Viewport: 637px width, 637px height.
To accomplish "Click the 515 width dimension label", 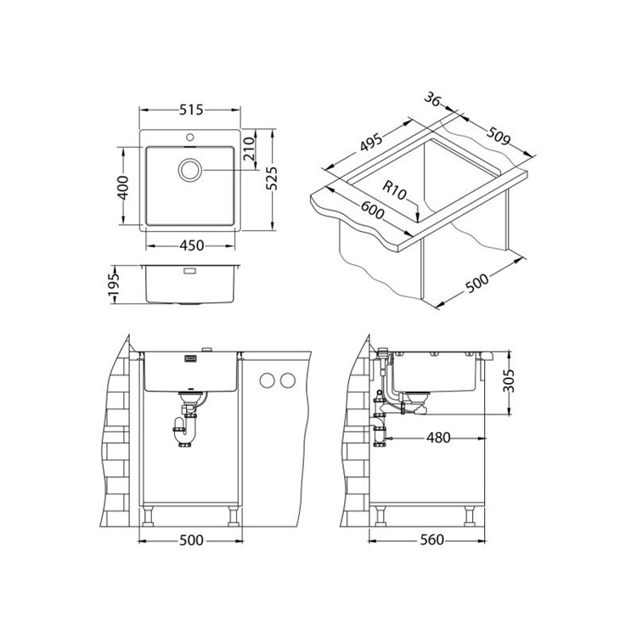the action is tap(191, 110).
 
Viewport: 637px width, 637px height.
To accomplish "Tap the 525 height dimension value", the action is tap(271, 178).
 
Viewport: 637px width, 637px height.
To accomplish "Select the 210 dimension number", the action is tap(249, 149).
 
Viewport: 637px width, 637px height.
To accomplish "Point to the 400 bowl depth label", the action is tap(123, 188).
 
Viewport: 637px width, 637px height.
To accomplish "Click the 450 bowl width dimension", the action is tap(191, 245).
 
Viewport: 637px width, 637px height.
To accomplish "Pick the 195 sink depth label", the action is tap(114, 284).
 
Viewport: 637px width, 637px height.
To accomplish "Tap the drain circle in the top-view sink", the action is tap(189, 169).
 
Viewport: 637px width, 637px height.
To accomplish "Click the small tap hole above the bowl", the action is tap(189, 137).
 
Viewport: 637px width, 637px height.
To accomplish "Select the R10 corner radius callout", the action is tap(394, 191).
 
